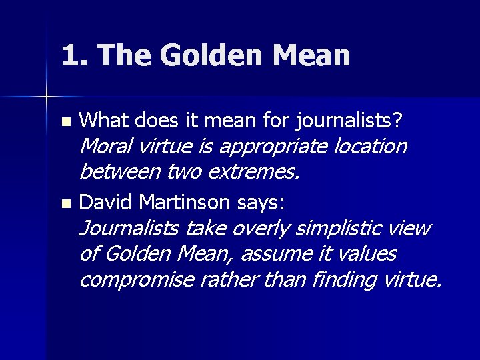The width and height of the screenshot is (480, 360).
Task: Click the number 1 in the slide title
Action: point(70,55)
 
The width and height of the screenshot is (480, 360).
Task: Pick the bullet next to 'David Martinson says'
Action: point(65,201)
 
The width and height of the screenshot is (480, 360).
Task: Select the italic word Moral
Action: point(107,145)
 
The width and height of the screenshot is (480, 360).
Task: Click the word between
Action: point(120,172)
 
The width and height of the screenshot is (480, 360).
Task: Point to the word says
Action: point(260,201)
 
